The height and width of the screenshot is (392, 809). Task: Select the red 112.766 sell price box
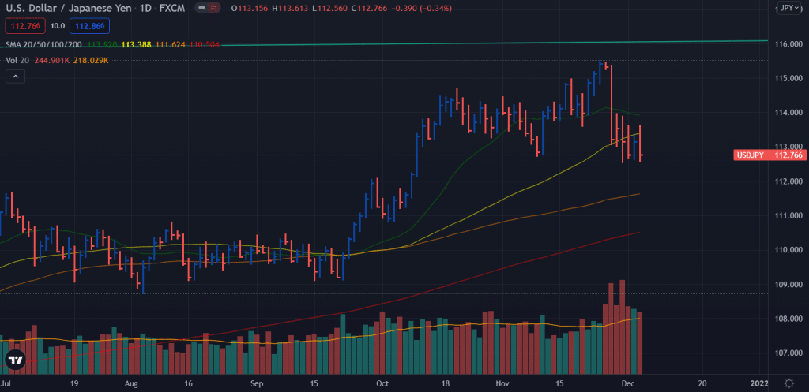[24, 25]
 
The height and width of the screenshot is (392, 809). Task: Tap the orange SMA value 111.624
[169, 45]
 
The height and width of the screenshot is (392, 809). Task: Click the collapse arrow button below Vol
[15, 76]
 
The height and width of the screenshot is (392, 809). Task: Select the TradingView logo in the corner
[16, 360]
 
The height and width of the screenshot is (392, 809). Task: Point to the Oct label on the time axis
[382, 383]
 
